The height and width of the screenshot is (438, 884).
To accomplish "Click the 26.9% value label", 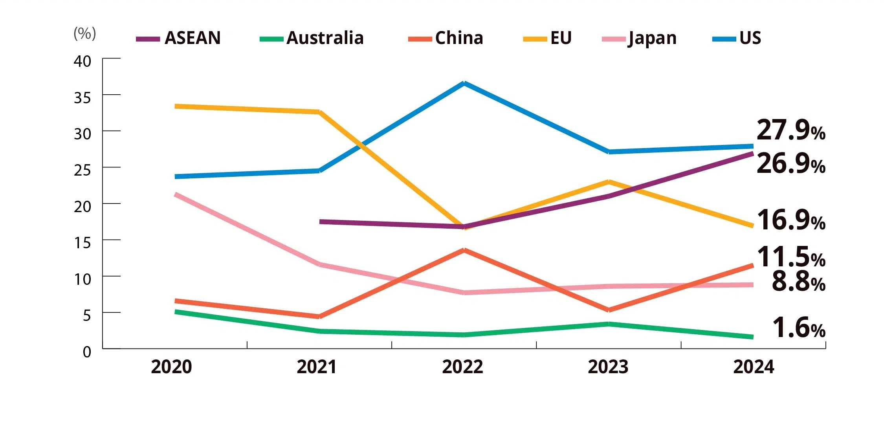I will pos(790,164).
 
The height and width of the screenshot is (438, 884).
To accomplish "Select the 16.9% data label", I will pos(790,220).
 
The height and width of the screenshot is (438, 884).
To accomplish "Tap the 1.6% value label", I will pos(798,328).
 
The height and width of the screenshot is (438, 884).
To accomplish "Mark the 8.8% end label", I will pos(798,282).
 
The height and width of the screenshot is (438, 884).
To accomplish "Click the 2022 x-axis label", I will pos(462,367).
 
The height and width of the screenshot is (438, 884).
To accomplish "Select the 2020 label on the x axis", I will pos(171,367).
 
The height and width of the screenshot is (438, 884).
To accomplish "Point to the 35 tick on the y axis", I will pos(83,98).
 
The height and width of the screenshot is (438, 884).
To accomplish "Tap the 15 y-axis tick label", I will pos(83,243).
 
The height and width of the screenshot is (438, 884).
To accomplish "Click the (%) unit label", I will pos(85,33).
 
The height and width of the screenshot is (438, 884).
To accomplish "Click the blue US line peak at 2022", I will pos(464,83).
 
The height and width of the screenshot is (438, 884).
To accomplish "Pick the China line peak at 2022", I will pos(464,250).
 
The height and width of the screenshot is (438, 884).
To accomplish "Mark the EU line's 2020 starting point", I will pos(176,106).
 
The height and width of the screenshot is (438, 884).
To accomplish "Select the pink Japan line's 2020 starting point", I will pos(176,194).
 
